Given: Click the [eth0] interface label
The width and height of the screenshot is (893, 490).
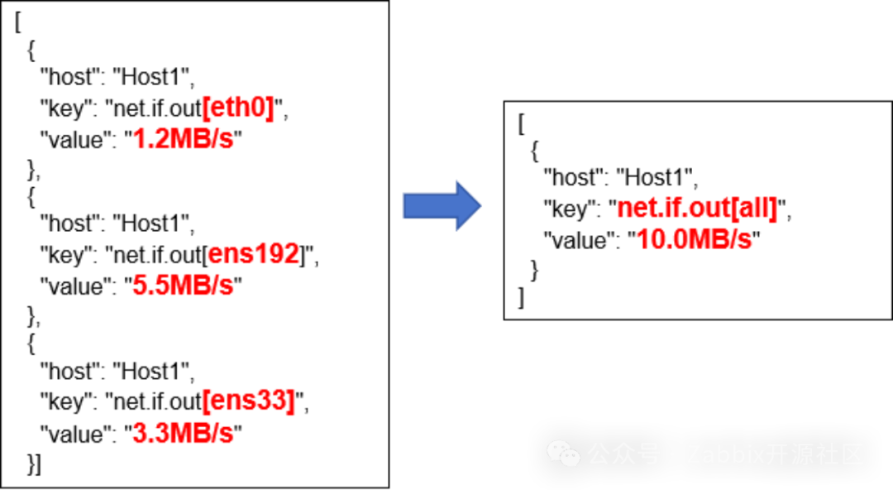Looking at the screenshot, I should coord(237,108).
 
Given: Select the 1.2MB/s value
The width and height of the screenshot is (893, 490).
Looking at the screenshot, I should coord(183,138).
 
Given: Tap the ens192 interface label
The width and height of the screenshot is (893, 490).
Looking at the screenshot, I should coord(253,254).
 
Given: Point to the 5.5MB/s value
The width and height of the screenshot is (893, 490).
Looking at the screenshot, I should coord(183,285).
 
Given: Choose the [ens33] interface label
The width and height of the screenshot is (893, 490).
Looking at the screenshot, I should coord(248,401).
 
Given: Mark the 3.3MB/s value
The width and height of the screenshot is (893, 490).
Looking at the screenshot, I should coord(183,432).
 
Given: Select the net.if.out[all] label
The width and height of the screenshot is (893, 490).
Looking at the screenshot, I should coord(696,208).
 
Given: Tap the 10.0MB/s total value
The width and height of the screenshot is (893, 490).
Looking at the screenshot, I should coord(695,239).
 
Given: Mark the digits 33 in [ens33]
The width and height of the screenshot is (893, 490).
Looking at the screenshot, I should coord(275,401).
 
